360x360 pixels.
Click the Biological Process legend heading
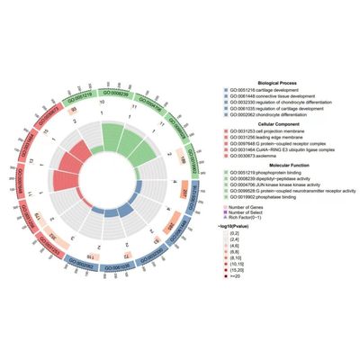[271, 83]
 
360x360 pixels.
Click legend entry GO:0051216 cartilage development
[260, 90]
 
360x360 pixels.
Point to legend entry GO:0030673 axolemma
[252, 155]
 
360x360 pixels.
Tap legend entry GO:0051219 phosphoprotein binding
[263, 169]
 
